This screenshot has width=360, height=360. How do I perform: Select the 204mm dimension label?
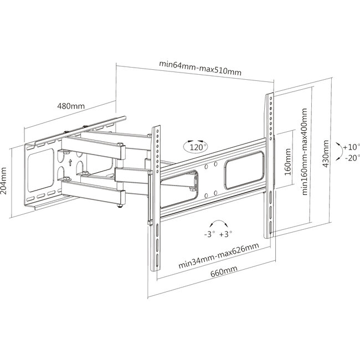click(5, 178)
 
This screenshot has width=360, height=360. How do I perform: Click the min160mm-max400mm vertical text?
click(304, 156)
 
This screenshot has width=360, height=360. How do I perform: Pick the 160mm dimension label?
click(287, 161)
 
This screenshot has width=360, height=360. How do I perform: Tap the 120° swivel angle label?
click(195, 148)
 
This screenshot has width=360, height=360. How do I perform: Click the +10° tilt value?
click(351, 147)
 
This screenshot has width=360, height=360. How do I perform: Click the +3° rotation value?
click(227, 234)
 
